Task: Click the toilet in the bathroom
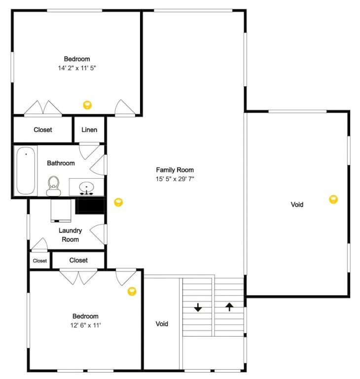[x=53, y=186]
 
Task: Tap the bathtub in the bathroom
[x=26, y=170]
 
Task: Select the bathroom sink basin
[x=86, y=188]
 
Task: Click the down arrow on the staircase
[x=198, y=307]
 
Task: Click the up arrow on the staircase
[x=229, y=307]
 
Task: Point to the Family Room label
[x=175, y=170]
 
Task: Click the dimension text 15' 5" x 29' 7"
[x=175, y=179]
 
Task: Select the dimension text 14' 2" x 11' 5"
[x=77, y=68]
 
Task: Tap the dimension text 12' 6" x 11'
[x=85, y=325]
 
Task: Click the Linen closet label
[x=89, y=130]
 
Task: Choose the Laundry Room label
[x=71, y=235]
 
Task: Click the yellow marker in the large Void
[x=333, y=199]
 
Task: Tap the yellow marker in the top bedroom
[x=87, y=105]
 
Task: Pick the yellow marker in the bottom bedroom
[x=132, y=291]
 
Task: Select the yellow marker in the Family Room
[x=118, y=202]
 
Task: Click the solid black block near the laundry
[x=90, y=205]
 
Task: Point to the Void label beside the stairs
[x=162, y=324]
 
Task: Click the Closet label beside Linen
[x=43, y=130]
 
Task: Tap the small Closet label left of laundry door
[x=40, y=261]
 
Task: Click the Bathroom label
[x=61, y=163]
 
